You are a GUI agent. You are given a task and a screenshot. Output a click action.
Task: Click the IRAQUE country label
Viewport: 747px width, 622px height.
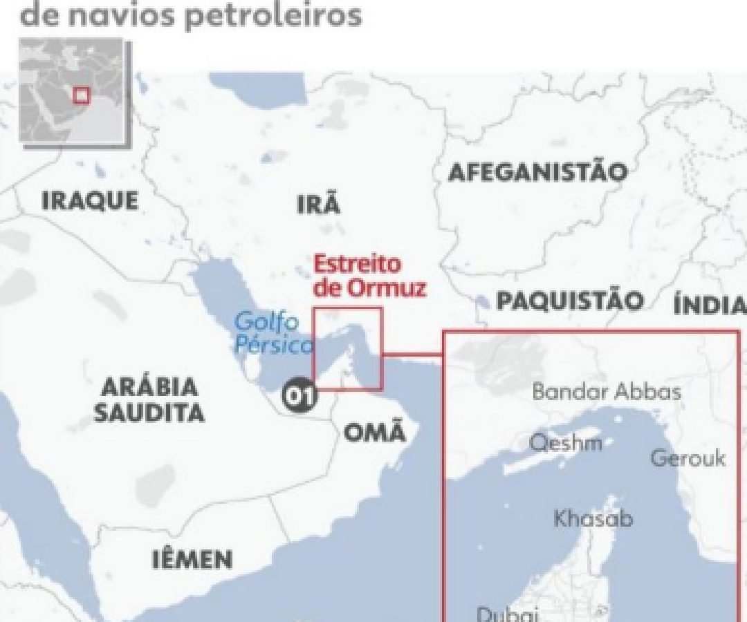tap(89, 201)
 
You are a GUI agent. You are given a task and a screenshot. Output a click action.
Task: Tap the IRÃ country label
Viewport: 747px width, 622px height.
tap(318, 205)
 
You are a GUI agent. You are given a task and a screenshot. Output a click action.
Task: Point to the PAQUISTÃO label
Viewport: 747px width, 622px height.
tap(570, 301)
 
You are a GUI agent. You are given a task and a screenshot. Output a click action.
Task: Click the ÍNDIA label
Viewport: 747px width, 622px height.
tap(709, 305)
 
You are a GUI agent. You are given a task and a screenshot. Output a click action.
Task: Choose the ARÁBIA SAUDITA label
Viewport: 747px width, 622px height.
tap(149, 400)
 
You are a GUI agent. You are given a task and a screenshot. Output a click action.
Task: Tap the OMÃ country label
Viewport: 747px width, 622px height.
tap(373, 433)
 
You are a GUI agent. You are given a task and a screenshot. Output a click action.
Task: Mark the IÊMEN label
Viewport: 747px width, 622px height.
tap(192, 560)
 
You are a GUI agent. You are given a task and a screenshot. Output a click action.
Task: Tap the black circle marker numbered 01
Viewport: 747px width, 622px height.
tap(299, 396)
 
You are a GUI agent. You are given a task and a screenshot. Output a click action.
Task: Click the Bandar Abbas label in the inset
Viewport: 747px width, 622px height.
tap(607, 393)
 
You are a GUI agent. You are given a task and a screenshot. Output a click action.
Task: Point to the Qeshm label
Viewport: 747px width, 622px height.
tap(565, 443)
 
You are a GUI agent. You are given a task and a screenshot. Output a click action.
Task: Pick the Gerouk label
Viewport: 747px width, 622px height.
tap(688, 458)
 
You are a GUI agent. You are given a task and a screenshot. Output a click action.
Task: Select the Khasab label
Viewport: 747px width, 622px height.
tap(593, 518)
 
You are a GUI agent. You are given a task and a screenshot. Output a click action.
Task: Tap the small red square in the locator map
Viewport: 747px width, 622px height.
tap(82, 95)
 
